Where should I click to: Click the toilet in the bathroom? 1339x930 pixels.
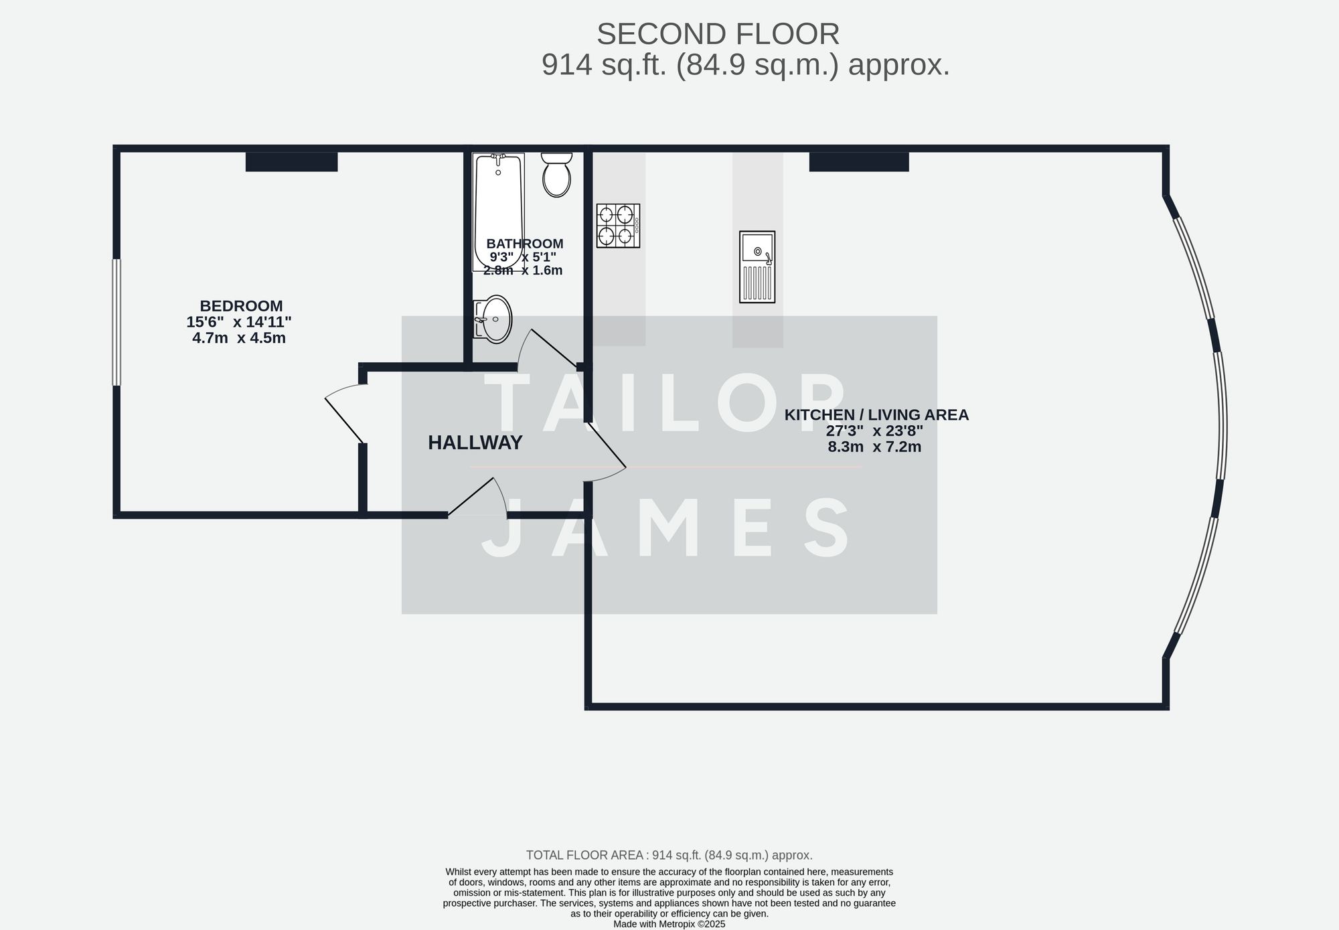556,175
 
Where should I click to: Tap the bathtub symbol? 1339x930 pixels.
498,211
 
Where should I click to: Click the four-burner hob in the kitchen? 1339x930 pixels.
618,226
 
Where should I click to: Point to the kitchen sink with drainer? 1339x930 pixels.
757,266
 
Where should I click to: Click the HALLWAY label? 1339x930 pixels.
475,443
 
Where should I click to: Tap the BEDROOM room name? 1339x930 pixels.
241,306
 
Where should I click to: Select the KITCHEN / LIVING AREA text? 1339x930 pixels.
876,414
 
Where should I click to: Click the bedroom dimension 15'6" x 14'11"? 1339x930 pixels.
239,322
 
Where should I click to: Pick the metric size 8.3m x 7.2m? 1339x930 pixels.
874,447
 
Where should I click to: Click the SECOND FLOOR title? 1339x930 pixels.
718,34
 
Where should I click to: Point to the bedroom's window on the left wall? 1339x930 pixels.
116,322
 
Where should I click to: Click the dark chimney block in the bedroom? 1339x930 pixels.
291,162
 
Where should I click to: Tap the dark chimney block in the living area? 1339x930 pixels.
859,162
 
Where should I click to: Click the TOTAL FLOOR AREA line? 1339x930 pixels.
669,855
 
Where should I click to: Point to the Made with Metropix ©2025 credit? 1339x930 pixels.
669,924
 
